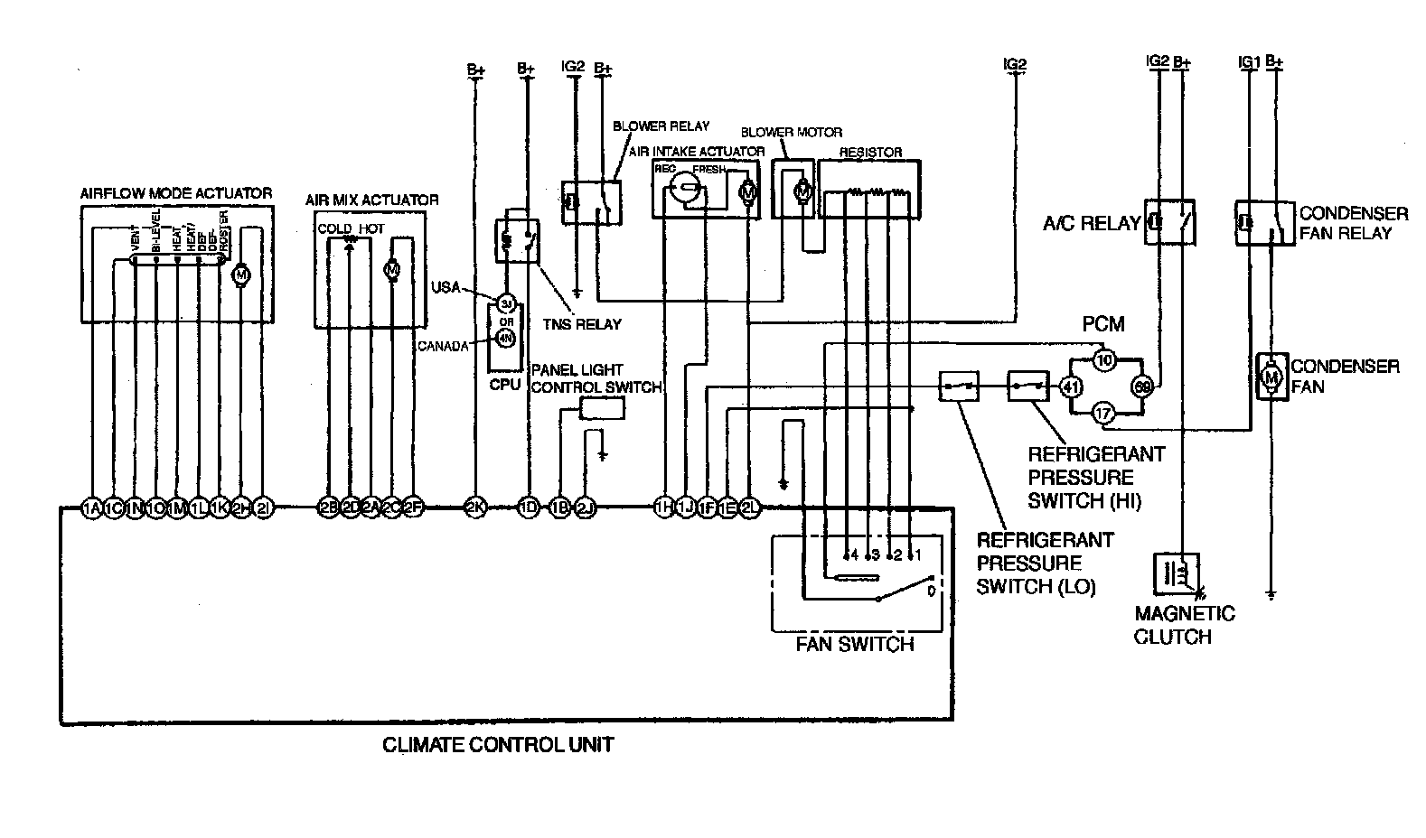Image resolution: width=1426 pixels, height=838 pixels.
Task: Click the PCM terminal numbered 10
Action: pos(1103,359)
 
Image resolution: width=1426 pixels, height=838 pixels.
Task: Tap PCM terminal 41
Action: pos(1071,388)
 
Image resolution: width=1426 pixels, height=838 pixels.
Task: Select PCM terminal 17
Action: pos(1103,414)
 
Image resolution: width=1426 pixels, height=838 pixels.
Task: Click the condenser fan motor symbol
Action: pos(1271,375)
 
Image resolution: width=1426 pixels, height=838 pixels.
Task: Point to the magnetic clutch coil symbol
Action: pos(1175,573)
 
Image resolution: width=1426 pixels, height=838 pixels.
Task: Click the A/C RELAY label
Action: pos(1091,223)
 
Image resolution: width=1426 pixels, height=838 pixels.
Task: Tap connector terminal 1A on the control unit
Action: pos(91,508)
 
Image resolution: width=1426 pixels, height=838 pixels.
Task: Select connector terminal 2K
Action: pos(474,508)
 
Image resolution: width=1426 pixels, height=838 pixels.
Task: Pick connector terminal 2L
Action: pos(749,508)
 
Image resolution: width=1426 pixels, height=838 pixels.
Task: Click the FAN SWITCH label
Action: pos(854,645)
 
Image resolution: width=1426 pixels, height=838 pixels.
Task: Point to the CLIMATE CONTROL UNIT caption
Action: pos(498,746)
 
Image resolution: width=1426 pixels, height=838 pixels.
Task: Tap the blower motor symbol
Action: pos(801,191)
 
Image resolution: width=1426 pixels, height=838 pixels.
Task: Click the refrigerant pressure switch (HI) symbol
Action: pos(1028,386)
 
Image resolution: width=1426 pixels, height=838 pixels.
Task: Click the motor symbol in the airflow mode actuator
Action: pos(241,273)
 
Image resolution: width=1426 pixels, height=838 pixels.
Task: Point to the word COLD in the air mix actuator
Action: pos(334,228)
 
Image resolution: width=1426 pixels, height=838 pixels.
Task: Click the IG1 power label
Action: pos(1248,61)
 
